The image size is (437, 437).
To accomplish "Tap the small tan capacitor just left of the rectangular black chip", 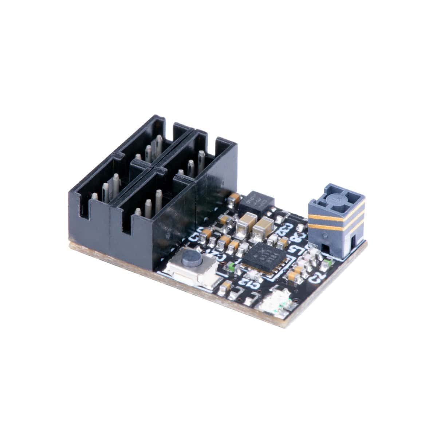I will click(x=233, y=198).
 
